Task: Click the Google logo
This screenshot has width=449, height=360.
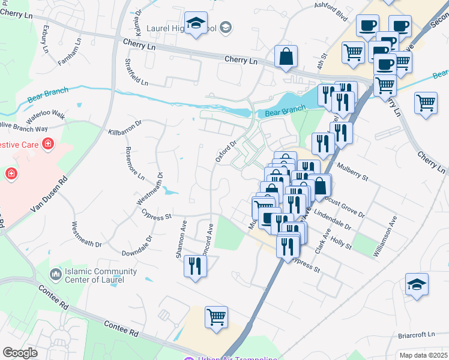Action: click(20, 353)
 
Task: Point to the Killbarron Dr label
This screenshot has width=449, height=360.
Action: click(124, 127)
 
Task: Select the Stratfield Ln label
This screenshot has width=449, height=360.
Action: click(136, 72)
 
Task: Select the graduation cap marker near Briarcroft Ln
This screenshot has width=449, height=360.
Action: click(417, 284)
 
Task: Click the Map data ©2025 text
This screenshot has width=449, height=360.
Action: click(423, 355)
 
